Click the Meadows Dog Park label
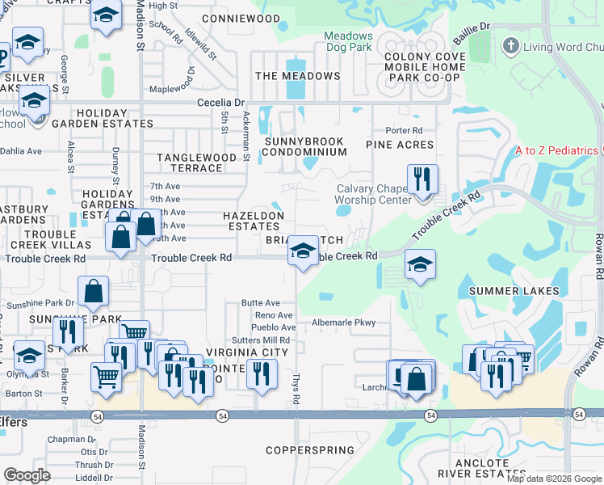click(x=349, y=42)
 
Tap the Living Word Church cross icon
click(x=510, y=46)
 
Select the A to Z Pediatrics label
click(x=556, y=151)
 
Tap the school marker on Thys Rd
click(x=303, y=251)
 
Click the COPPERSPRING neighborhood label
click(x=310, y=450)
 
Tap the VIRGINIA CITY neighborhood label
click(x=247, y=352)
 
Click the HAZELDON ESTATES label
click(x=254, y=221)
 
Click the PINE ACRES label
click(x=400, y=145)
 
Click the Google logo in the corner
click(x=27, y=475)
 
